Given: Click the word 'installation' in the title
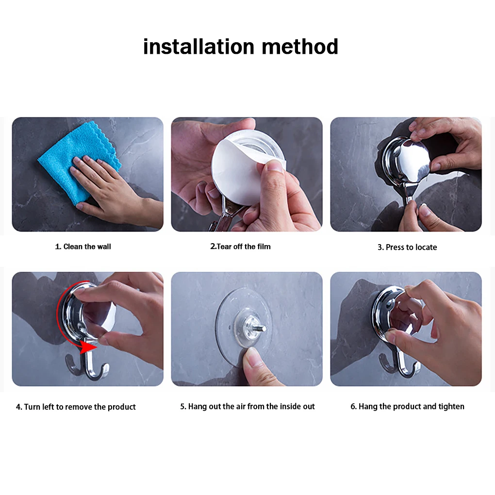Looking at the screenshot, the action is click(x=198, y=47).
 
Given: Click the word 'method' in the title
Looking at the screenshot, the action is click(x=300, y=47).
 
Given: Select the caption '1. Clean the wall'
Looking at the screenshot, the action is click(x=83, y=247).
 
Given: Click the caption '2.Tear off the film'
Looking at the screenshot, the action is click(x=241, y=247).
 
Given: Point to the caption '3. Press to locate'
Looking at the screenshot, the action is click(x=407, y=247).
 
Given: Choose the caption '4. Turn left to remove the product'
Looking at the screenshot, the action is click(x=76, y=407).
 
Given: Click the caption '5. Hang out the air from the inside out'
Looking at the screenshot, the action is click(x=247, y=406).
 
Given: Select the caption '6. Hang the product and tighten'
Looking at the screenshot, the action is click(x=407, y=406).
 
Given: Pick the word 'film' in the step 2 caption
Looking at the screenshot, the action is click(x=264, y=247).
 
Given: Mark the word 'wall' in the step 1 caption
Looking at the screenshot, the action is click(x=104, y=247).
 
